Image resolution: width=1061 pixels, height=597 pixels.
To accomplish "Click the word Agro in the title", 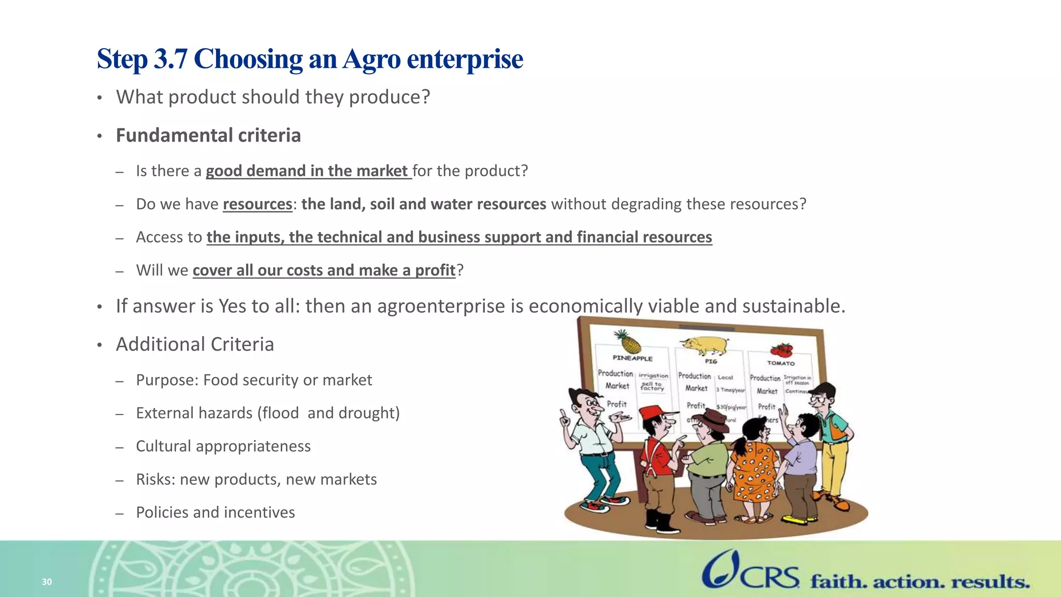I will point(371,59).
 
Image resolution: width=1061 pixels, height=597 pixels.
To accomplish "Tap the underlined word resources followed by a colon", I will point(257,204).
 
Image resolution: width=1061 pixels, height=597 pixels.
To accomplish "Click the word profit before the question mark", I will point(435,271).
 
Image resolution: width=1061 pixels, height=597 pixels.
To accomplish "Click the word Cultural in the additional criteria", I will point(163,446).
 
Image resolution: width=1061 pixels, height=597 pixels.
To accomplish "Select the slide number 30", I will point(47,582).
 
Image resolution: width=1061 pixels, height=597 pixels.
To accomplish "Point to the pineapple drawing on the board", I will point(628,342).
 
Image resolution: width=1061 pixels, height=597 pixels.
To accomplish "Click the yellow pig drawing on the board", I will point(705,345).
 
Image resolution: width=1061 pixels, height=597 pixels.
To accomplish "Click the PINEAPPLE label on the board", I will point(633,358).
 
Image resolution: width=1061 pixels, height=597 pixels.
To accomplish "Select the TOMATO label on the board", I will point(781,363).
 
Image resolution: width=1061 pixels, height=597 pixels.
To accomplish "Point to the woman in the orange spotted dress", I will point(755,466).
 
